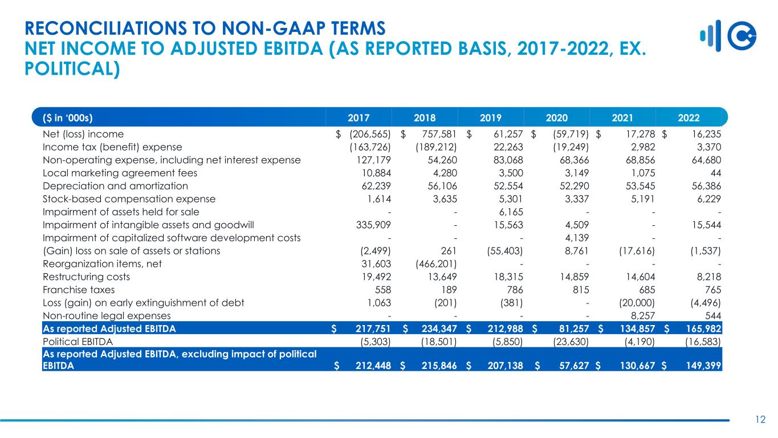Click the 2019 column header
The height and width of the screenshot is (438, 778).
tap(490, 118)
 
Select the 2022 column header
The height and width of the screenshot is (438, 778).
tap(689, 118)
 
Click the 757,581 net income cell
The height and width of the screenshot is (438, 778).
tap(439, 134)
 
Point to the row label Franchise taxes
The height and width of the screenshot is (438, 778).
tap(79, 290)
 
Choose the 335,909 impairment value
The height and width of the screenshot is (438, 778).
tap(373, 225)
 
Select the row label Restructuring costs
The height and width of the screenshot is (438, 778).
tap(86, 277)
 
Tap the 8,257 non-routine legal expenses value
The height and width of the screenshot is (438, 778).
tap(642, 315)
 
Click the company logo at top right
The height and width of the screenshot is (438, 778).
tap(728, 36)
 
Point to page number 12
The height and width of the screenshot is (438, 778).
tap(760, 420)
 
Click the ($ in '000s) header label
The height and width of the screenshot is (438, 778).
tap(68, 118)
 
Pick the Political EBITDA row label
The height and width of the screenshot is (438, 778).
tap(78, 342)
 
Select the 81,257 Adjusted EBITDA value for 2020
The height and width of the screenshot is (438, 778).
tap(574, 328)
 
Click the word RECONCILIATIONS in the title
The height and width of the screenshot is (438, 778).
tap(105, 28)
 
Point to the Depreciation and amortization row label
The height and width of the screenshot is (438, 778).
tap(115, 186)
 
